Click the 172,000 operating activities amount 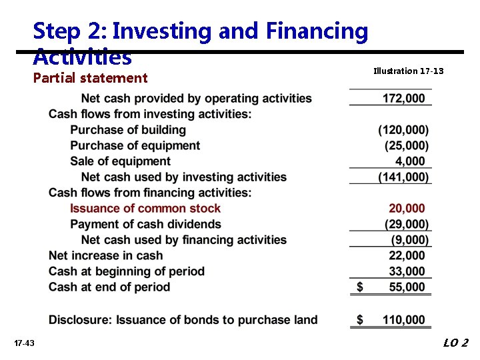pos(403,99)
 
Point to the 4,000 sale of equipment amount pos(409,161)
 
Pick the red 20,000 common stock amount pos(407,209)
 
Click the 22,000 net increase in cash pos(407,256)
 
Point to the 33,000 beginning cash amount pos(407,271)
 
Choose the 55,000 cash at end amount pos(407,287)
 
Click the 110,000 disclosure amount pos(403,320)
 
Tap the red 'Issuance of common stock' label pos(145,209)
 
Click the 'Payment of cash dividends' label pos(145,225)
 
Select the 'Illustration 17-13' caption pos(409,71)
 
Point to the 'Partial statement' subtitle pos(90,78)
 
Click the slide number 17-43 pos(24,343)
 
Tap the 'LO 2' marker pos(456,343)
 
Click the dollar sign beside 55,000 pos(360,287)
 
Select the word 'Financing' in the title pos(317,31)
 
